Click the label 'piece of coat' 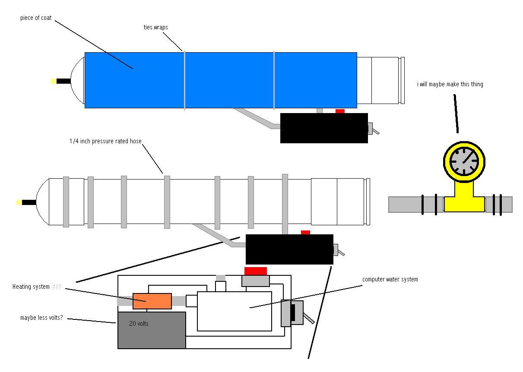pos(36,18)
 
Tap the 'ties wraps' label pos(155,27)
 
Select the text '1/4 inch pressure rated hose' pos(105,141)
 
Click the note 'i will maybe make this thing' pos(450,84)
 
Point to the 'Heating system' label pos(31,287)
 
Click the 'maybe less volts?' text pos(41,318)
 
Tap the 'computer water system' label pos(390,279)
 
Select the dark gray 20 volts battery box pos(152,330)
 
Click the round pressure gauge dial pos(464,161)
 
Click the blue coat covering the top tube pos(220,80)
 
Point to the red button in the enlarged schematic pos(256,271)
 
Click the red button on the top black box pos(340,111)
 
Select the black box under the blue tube pos(324,128)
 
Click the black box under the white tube pos(289,249)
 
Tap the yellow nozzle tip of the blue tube pos(54,81)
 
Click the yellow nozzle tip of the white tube pos(19,202)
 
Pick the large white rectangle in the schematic pos(235,311)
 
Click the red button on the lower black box pos(305,232)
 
